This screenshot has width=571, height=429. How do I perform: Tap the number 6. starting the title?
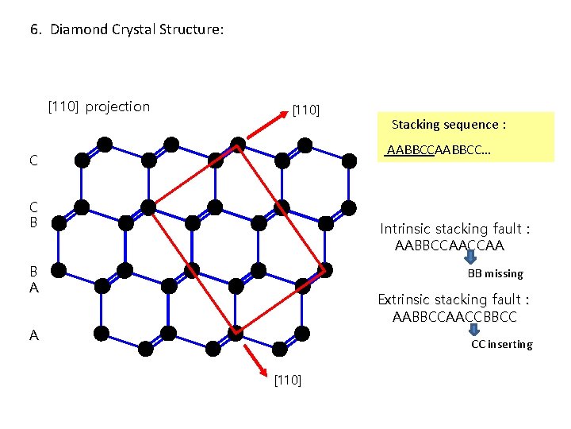pos(36,29)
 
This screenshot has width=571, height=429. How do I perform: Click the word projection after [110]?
pos(117,106)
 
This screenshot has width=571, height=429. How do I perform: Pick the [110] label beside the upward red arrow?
pos(306,109)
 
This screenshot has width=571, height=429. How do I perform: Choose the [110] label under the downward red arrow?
pos(287,381)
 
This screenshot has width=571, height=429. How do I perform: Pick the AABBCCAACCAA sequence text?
pos(449,245)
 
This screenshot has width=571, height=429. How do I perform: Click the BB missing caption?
pos(495,273)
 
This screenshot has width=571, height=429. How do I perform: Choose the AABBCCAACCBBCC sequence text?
pos(454,317)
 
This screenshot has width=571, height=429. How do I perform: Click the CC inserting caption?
pos(502,344)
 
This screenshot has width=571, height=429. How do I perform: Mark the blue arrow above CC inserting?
pos(470,327)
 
